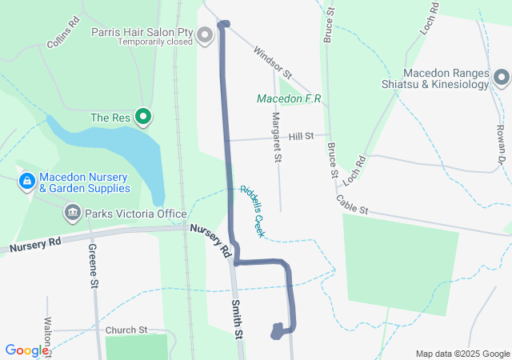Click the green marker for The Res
(144, 118)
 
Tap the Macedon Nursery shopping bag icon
(26, 182)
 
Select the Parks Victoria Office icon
(72, 214)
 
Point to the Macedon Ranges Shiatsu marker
(502, 78)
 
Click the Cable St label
(351, 205)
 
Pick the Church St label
(126, 330)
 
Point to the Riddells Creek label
(252, 205)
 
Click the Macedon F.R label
(288, 99)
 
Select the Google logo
(26, 350)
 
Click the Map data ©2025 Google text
(462, 354)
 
